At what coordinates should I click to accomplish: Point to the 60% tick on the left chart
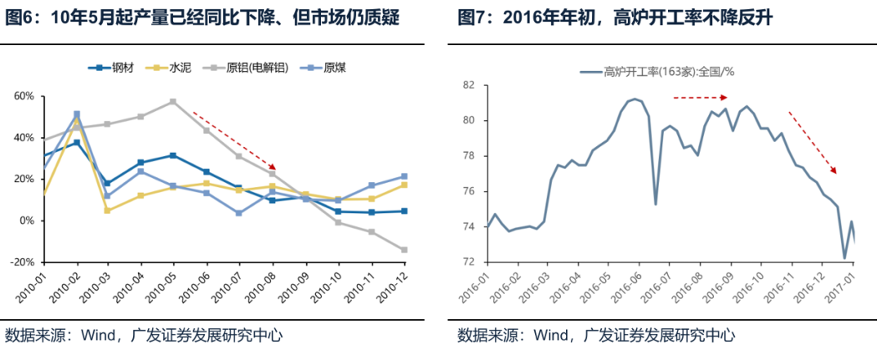pyautogui.click(x=23, y=96)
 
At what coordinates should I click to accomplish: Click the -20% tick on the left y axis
pyautogui.click(x=22, y=262)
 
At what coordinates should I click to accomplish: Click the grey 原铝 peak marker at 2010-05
pyautogui.click(x=173, y=102)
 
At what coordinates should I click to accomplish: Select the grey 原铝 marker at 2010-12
pyautogui.click(x=404, y=250)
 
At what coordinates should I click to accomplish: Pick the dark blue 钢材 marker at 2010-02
pyautogui.click(x=77, y=143)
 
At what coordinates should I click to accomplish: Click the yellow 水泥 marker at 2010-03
pyautogui.click(x=108, y=211)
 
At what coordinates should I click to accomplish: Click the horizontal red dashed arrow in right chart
pyautogui.click(x=700, y=98)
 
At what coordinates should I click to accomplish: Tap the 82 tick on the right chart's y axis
pyautogui.click(x=469, y=85)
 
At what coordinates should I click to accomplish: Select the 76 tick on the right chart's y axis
pyautogui.click(x=469, y=191)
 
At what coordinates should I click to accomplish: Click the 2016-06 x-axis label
pyautogui.click(x=624, y=287)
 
